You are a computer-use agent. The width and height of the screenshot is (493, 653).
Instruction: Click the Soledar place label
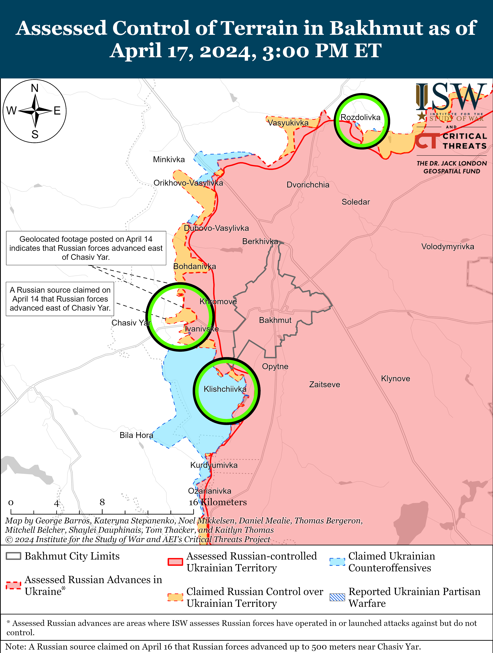coord(356,202)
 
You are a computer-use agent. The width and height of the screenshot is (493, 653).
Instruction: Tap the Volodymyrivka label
coord(447,247)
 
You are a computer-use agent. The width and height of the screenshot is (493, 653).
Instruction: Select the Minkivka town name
coord(169,159)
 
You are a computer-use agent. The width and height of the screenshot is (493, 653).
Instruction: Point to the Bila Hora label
coord(136,435)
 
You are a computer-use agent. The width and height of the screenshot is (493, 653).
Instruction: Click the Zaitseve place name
coord(324,384)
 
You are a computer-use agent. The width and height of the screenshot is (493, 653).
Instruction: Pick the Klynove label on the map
coord(395,378)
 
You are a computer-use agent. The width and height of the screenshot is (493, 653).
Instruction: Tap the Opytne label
coord(275,366)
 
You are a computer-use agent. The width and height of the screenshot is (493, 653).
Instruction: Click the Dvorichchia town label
coord(308,185)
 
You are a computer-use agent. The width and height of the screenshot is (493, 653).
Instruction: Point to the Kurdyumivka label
coord(214,465)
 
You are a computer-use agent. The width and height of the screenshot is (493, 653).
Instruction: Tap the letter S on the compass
coord(35,135)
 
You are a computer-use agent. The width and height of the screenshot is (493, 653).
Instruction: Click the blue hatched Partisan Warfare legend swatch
coord(337,597)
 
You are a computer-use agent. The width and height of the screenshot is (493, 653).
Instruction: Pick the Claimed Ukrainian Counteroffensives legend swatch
coord(337,562)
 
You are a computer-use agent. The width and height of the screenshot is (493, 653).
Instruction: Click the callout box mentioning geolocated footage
coord(86,248)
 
